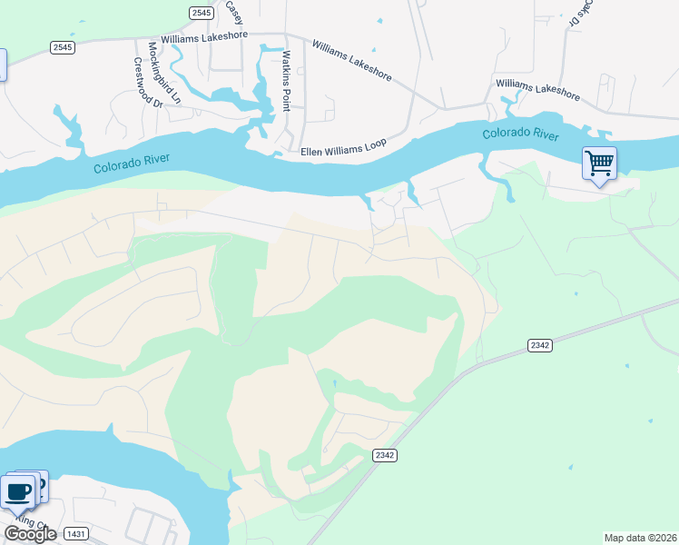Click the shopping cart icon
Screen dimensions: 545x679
pos(599,164)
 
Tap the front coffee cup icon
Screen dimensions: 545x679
pos(18,493)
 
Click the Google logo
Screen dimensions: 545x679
pos(30,534)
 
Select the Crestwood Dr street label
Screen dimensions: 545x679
pos(146,83)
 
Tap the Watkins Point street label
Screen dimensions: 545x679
pos(285,81)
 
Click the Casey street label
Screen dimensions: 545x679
pos(234,12)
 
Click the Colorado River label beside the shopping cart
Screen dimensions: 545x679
pos(520,134)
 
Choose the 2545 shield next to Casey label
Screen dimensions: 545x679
pos(202,13)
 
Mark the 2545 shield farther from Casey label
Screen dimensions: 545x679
pos(62,47)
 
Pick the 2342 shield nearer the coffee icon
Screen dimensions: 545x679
pos(384,454)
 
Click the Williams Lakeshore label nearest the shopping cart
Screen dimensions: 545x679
pos(537,88)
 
